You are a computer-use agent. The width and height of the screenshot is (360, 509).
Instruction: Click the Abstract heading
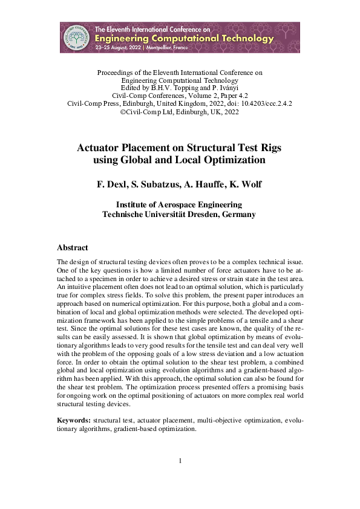[x=72, y=248]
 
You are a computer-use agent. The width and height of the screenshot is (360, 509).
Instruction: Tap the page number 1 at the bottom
[x=180, y=462]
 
